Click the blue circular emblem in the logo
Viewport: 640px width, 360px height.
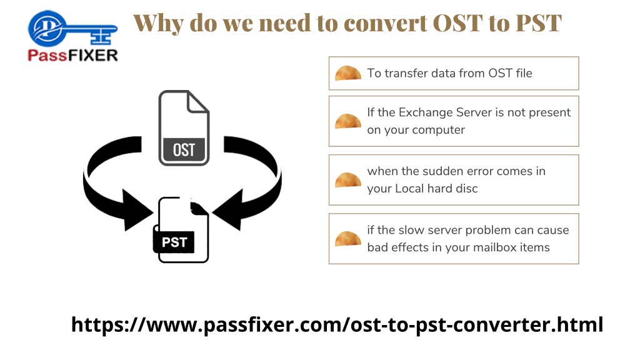pos(47,28)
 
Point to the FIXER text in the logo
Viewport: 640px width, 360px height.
pos(91,55)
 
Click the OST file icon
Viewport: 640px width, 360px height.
pos(184,127)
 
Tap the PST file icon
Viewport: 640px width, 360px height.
pos(181,230)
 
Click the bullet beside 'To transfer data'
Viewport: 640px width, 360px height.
pos(347,73)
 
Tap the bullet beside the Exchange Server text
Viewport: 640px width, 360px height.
pos(347,121)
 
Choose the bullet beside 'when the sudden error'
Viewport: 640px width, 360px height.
pos(347,180)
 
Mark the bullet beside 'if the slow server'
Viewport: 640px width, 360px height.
pos(347,239)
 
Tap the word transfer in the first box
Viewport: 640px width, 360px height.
pos(405,73)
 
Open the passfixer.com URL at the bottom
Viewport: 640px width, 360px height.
pos(337,325)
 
